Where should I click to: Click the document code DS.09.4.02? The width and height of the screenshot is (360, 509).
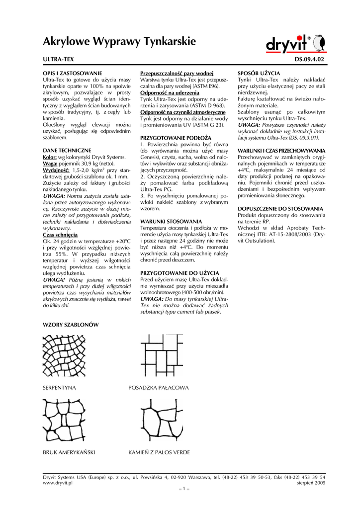309,59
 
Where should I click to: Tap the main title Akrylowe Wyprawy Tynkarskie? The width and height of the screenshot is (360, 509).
119,41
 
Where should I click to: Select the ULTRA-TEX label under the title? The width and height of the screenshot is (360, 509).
59,59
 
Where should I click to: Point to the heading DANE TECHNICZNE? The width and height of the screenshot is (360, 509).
67,150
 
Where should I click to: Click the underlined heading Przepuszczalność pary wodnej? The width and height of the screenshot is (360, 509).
177,73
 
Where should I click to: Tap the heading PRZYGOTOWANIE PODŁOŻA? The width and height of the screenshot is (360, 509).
176,137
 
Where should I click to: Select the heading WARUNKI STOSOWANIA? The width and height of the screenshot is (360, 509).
171,221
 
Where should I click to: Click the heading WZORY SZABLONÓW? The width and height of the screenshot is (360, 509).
71,325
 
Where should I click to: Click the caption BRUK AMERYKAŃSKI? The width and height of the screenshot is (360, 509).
69,453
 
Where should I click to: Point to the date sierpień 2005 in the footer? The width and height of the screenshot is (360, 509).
311,483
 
